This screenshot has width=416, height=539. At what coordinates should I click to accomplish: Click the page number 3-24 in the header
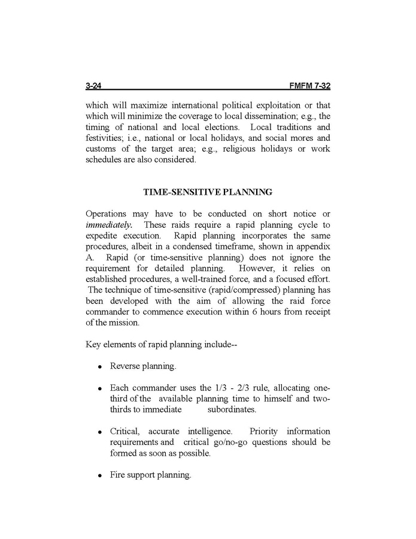click(95, 86)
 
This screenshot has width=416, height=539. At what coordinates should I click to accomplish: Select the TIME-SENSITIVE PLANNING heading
click(208, 192)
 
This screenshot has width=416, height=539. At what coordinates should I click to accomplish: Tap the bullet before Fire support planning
click(101, 476)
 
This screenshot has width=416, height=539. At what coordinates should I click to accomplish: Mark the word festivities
click(105, 138)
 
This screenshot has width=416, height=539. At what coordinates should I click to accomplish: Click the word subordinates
click(232, 409)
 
